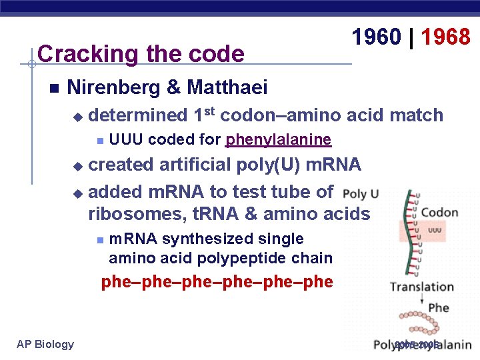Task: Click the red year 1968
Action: pyautogui.click(x=446, y=37)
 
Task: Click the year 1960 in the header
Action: pyautogui.click(x=377, y=37)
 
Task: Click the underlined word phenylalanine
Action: pyautogui.click(x=278, y=140)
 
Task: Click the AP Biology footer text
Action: pyautogui.click(x=45, y=344)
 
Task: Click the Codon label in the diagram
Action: pyautogui.click(x=439, y=213)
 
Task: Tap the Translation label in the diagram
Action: pyautogui.click(x=421, y=287)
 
